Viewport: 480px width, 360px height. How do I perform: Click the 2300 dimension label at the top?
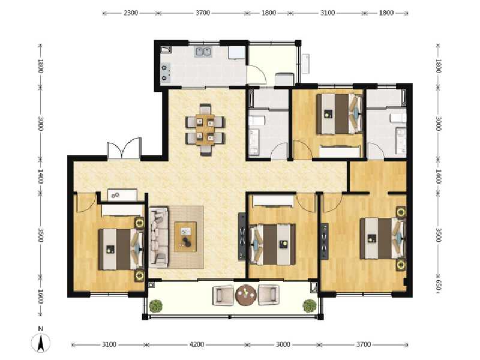pos(131,13)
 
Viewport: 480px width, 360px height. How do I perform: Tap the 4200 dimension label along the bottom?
pos(197,344)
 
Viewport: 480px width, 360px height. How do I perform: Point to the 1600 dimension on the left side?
pos(40,296)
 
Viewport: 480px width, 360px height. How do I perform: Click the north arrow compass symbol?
pos(40,342)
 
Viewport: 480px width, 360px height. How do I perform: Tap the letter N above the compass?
pos(40,329)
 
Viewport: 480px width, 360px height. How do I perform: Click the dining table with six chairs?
pos(205,130)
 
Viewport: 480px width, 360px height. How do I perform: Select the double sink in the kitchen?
pos(203,52)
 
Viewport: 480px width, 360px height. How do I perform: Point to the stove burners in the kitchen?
pos(166,73)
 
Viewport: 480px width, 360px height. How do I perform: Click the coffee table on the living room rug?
pos(185,236)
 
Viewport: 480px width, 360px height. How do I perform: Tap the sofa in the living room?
pos(158,238)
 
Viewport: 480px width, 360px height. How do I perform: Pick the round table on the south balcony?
pos(246,295)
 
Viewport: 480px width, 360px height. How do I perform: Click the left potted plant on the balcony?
pos(156,306)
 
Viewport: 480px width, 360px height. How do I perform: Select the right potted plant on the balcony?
pos(310,306)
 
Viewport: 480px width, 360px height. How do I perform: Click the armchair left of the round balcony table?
pos(223,295)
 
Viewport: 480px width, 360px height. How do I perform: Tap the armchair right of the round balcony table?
pos(268,295)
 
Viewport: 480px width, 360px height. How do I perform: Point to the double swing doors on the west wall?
pos(124,148)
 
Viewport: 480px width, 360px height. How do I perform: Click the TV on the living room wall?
pos(242,236)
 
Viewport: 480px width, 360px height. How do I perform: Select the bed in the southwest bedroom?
pos(121,250)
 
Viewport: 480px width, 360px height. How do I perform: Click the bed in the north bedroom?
pos(339,114)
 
